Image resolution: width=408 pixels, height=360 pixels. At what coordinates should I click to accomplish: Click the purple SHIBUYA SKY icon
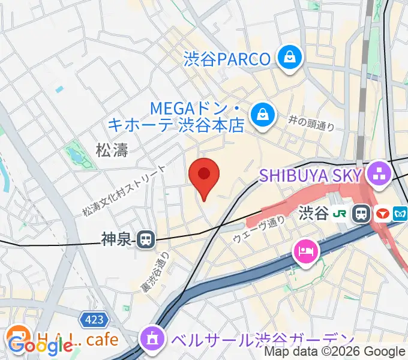tap(379, 175)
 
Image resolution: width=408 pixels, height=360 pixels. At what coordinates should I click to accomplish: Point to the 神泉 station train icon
tap(145, 240)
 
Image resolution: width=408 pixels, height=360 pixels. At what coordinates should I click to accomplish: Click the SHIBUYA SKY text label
tap(310, 175)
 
